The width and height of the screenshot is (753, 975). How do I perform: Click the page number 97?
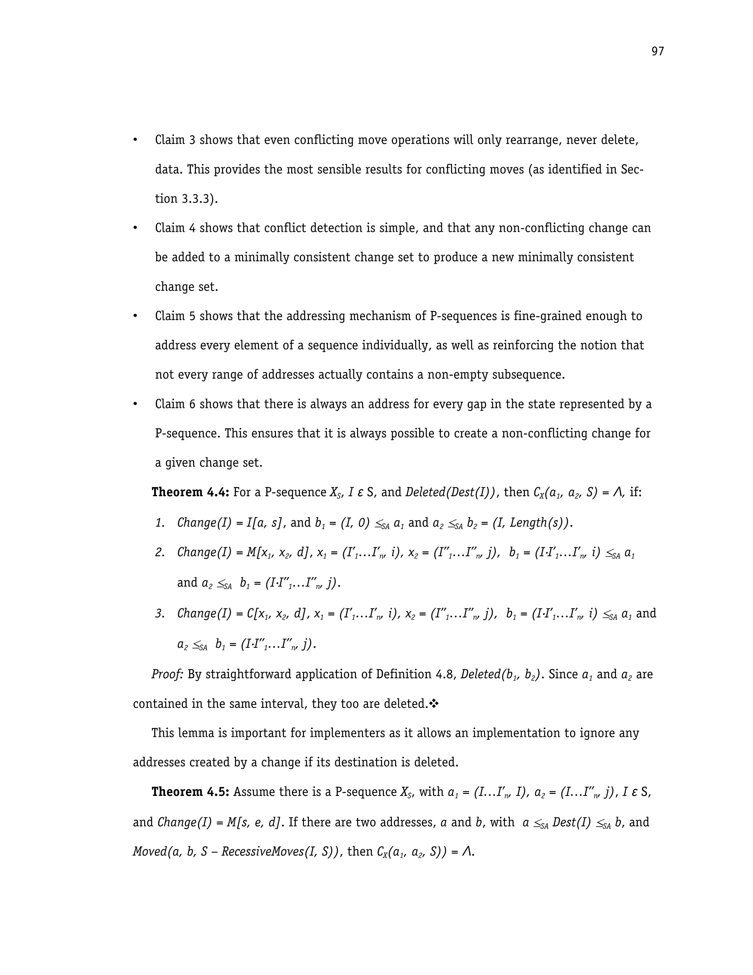(x=658, y=52)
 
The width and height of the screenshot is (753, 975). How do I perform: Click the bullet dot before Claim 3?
(x=135, y=140)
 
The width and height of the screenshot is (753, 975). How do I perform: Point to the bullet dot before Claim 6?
(x=135, y=405)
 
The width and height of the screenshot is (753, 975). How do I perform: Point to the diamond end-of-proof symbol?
(x=434, y=704)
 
